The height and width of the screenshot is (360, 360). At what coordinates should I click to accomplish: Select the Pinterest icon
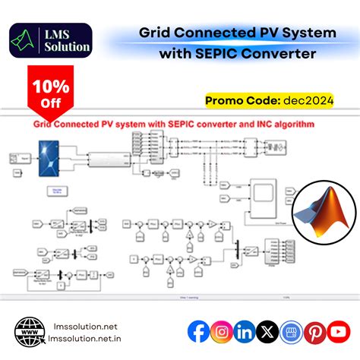pyautogui.click(x=314, y=331)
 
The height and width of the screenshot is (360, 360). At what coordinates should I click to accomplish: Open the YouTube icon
pyautogui.click(x=338, y=331)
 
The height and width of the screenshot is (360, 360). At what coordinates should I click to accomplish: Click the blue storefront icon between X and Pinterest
pyautogui.click(x=291, y=331)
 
